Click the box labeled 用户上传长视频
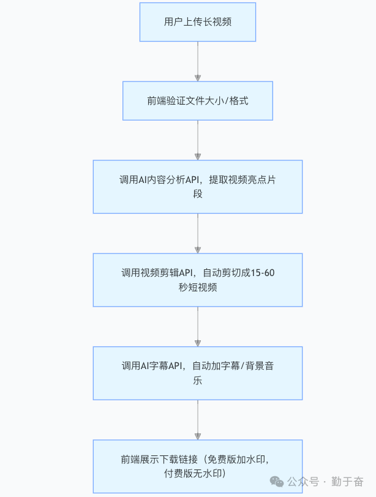click(x=197, y=22)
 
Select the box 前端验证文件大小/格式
click(x=197, y=100)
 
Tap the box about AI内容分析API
click(x=197, y=187)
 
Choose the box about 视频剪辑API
click(x=197, y=280)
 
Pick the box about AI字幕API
click(x=197, y=373)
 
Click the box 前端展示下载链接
click(x=197, y=466)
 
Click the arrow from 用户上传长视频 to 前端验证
click(x=197, y=61)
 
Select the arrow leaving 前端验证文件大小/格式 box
click(x=197, y=140)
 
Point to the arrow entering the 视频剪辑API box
click(x=197, y=233)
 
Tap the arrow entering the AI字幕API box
click(x=197, y=326)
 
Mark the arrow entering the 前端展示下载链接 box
click(x=197, y=419)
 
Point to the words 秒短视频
click(x=197, y=287)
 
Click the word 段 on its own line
click(x=197, y=194)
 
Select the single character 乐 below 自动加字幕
click(x=197, y=380)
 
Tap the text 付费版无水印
click(x=197, y=473)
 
